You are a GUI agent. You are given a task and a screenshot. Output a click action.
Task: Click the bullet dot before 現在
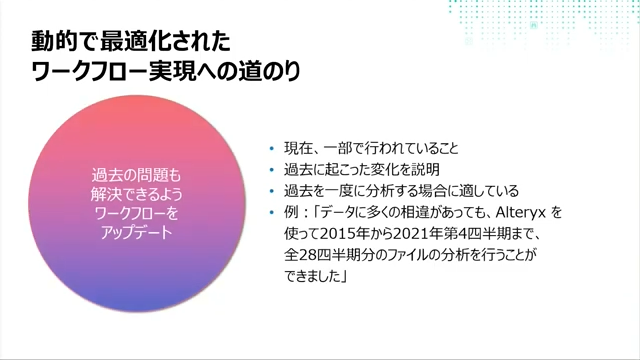270,148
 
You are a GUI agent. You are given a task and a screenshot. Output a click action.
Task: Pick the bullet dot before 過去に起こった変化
270,170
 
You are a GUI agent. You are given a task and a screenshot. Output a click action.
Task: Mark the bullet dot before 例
270,212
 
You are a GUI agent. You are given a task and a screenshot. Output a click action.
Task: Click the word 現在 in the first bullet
297,148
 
